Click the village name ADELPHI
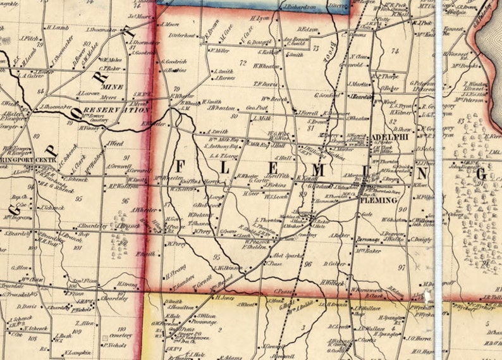click(389, 135)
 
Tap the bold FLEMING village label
click(379, 200)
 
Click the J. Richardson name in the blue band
click(299, 8)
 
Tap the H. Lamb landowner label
click(57, 27)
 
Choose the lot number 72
click(243, 63)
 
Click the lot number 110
click(121, 330)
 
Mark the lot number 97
click(401, 268)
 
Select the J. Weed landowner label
click(115, 144)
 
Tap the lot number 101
click(78, 248)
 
